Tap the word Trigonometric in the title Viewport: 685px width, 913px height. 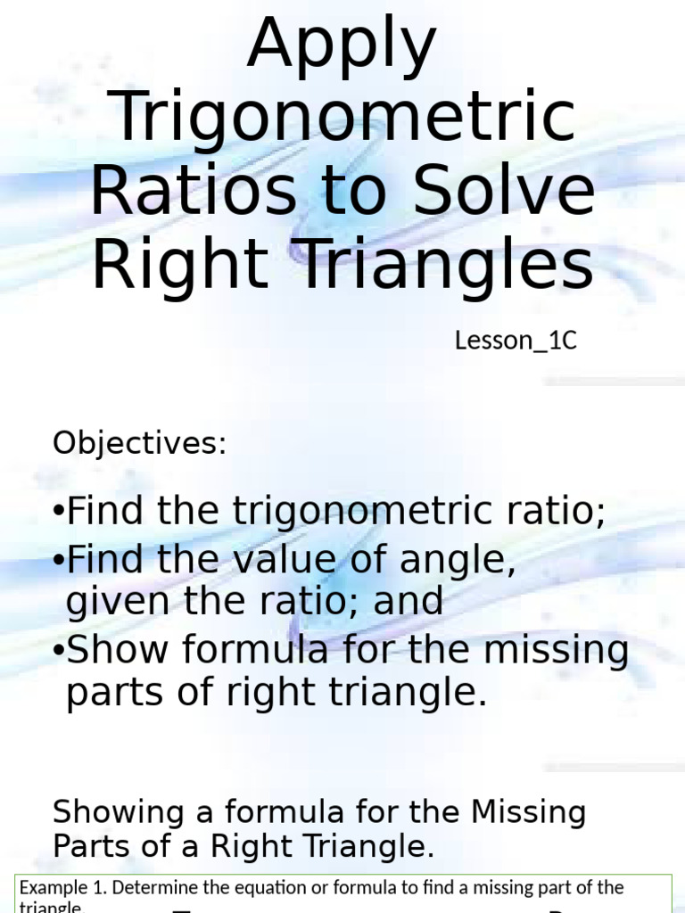pos(346,118)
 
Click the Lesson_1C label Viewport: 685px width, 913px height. pos(516,341)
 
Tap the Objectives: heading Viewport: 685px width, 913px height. pos(140,443)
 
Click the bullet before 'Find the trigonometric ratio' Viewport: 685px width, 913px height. pos(59,514)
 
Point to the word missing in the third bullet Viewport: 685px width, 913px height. pos(555,651)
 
